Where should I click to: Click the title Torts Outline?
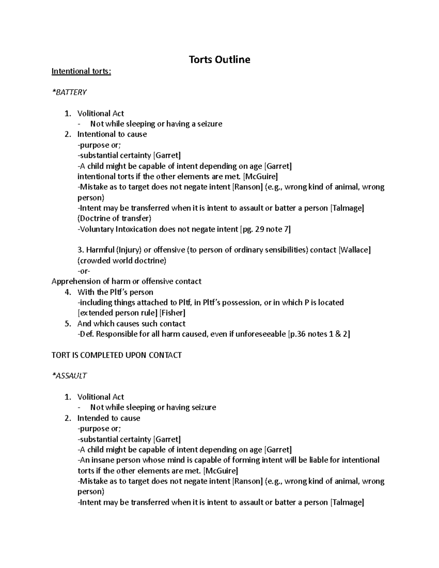[219, 60]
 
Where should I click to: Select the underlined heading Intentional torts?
[81, 71]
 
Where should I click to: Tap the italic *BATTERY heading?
[69, 92]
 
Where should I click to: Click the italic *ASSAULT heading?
[69, 376]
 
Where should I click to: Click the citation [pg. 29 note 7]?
[265, 229]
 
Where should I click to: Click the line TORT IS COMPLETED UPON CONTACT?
[116, 355]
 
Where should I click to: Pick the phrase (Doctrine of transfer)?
[114, 219]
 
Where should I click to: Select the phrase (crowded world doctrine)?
[122, 261]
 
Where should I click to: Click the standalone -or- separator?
[84, 271]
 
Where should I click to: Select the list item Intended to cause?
[109, 418]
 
